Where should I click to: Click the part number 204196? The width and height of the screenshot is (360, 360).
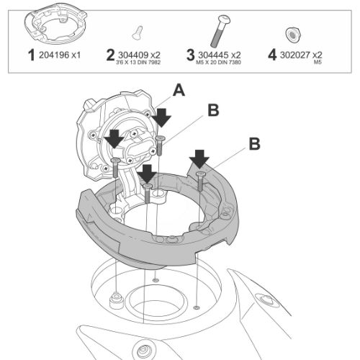click(x=54, y=55)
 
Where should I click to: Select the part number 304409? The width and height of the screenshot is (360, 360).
click(x=133, y=55)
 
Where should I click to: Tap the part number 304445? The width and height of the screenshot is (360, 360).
click(x=213, y=55)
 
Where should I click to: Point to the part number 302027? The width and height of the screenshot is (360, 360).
click(x=295, y=55)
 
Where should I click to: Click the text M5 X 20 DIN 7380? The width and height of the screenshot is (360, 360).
click(x=218, y=63)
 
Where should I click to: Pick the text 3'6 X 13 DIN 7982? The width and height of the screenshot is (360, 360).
click(x=138, y=63)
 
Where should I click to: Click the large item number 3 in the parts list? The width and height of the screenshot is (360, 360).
click(x=190, y=55)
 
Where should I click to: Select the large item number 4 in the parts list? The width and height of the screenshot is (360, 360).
click(x=272, y=55)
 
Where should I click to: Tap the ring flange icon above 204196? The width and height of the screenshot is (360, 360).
click(x=55, y=27)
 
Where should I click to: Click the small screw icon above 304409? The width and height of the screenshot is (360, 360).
click(x=138, y=32)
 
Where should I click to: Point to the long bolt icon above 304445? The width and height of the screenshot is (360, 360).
click(x=220, y=31)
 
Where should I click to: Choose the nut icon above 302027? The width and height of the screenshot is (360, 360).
click(x=293, y=35)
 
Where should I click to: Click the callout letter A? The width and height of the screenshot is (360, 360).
click(x=179, y=91)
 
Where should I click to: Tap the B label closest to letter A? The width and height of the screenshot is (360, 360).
click(x=213, y=110)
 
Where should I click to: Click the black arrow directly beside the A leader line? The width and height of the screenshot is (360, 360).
click(x=162, y=117)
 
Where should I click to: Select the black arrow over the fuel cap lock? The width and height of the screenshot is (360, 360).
click(x=114, y=139)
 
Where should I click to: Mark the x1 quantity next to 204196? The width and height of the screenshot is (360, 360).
click(x=76, y=55)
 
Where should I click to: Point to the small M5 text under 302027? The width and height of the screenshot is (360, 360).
click(x=318, y=63)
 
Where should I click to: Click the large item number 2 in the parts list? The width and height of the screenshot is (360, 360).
click(x=110, y=55)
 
